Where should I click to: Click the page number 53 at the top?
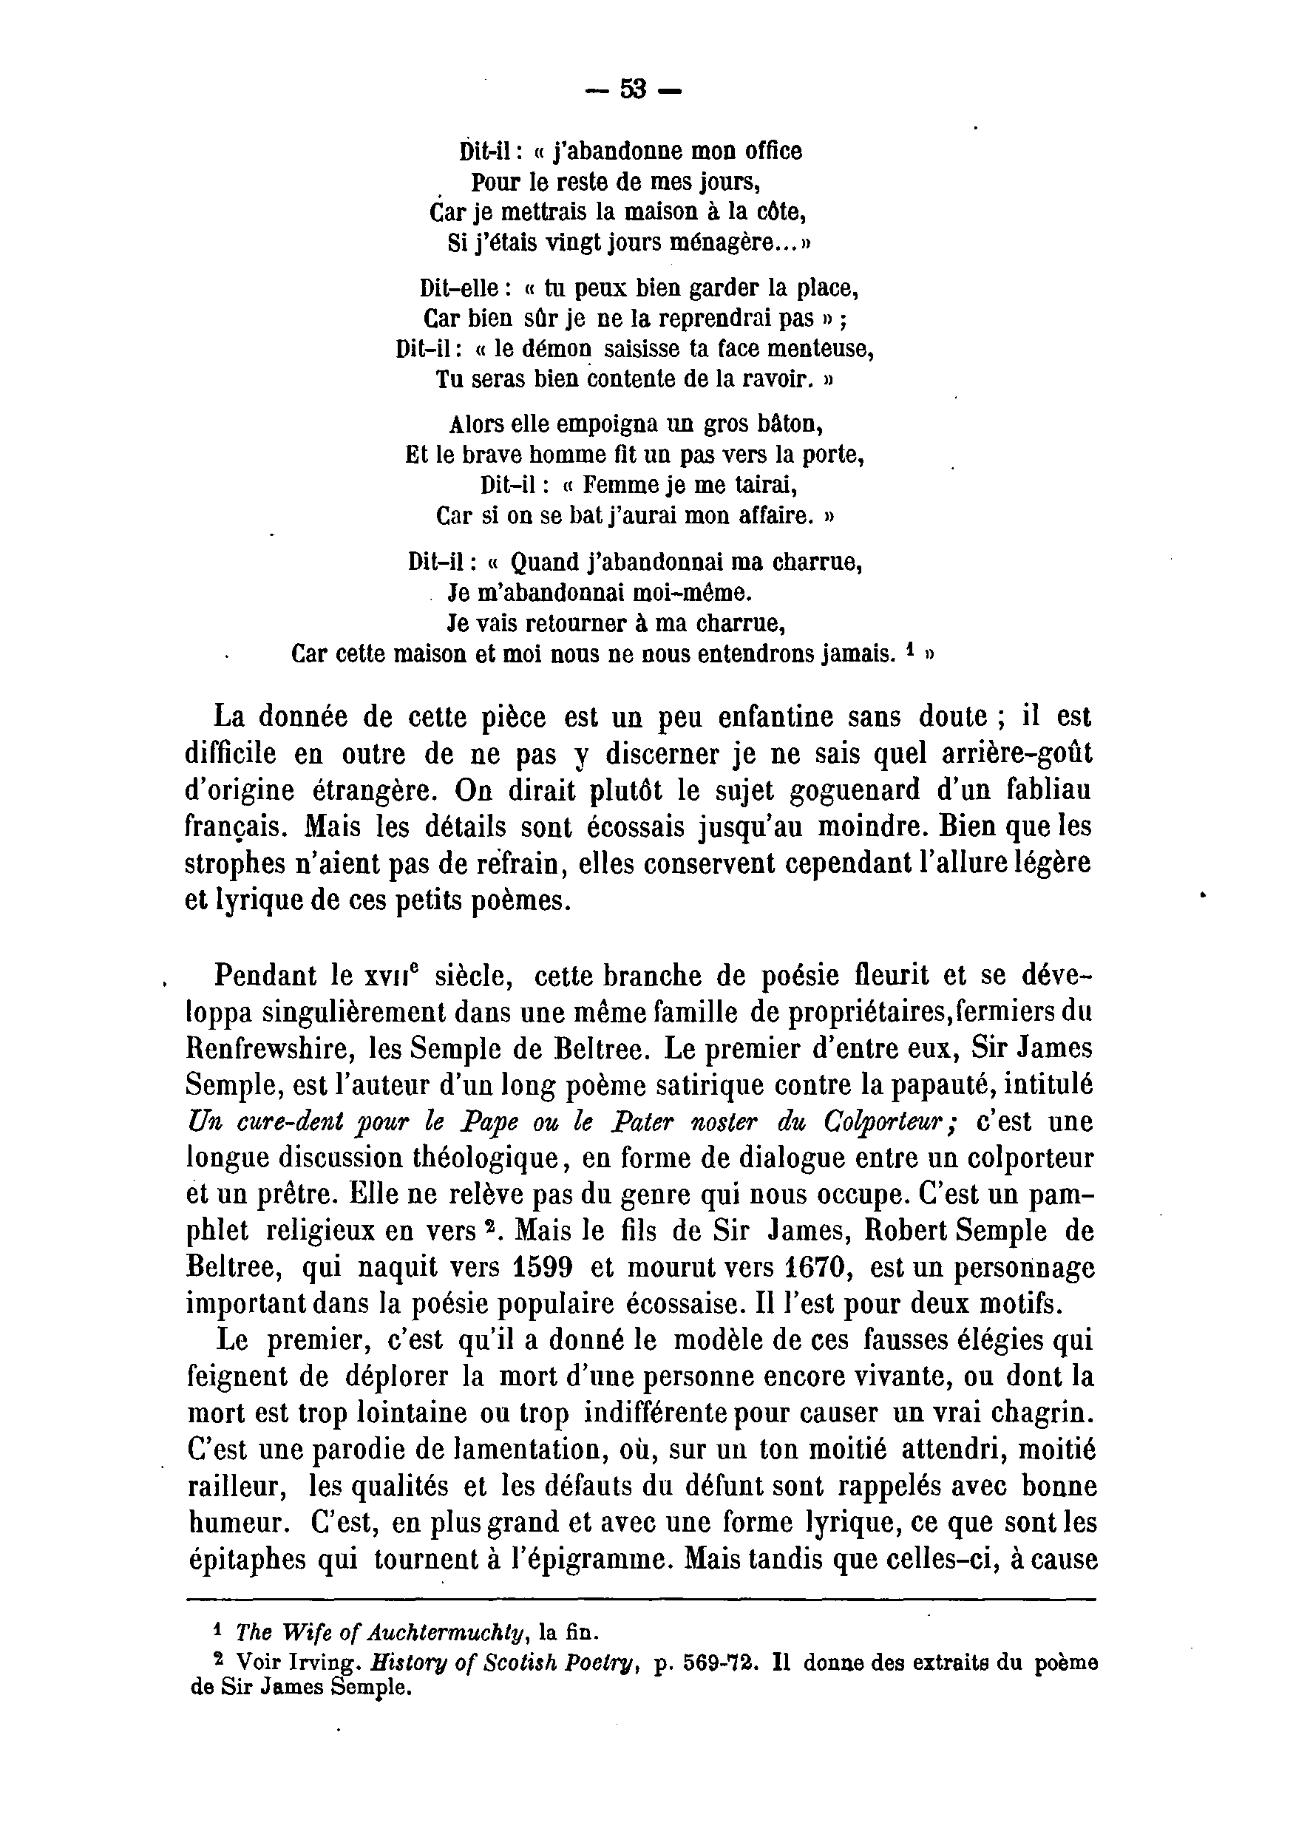tap(634, 89)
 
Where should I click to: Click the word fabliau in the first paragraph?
tap(1039, 790)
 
